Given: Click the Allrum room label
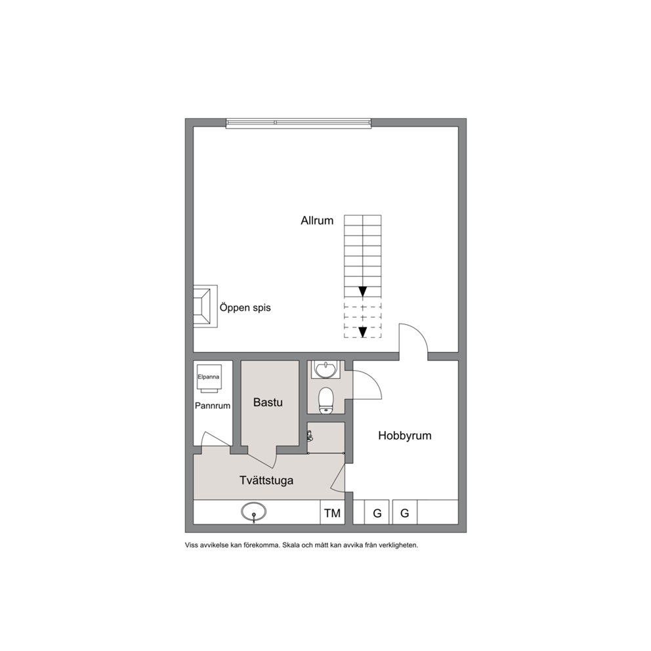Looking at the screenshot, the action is coord(317,220).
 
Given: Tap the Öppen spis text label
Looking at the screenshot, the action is coord(245,308).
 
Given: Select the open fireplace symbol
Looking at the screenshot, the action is coord(205,306).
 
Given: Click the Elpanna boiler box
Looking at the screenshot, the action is coord(209,378).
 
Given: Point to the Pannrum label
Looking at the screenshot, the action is coord(213,406).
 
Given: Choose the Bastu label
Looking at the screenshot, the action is coord(268,402).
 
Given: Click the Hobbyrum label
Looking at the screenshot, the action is coord(405,436).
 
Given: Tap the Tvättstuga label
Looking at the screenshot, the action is coord(266,480).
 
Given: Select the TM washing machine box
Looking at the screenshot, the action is coord(332,513).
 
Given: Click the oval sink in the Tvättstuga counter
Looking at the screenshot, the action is coord(253,511).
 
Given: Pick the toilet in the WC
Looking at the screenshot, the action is coord(326,401).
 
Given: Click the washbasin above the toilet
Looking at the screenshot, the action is coord(326,369).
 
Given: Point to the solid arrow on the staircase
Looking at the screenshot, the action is coord(363,291).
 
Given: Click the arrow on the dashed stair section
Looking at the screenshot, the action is coord(363,332).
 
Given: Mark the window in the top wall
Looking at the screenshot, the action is coord(298,123).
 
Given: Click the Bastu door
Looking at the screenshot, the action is coord(262,458).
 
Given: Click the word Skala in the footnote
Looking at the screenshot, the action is coord(290,545).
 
